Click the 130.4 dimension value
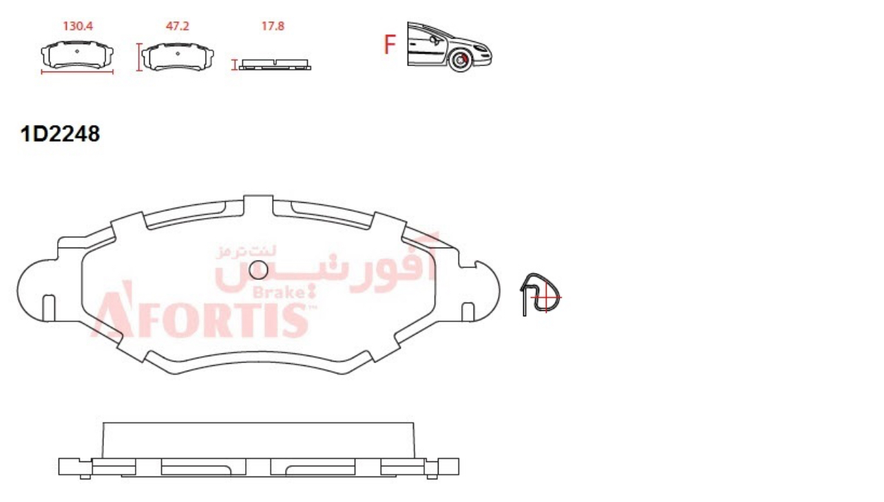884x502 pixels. pyautogui.click(x=78, y=26)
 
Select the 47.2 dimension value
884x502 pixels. pyautogui.click(x=177, y=26)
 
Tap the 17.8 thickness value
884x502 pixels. pyautogui.click(x=273, y=26)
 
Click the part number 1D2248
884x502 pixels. pyautogui.click(x=60, y=134)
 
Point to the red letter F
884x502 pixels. pyautogui.click(x=390, y=45)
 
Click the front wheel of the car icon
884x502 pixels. pyautogui.click(x=460, y=61)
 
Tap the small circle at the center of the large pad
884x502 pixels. pyautogui.click(x=258, y=270)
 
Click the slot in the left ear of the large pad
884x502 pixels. pyautogui.click(x=49, y=307)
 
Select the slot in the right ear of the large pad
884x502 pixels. pyautogui.click(x=468, y=312)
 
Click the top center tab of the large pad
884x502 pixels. pyautogui.click(x=258, y=206)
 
